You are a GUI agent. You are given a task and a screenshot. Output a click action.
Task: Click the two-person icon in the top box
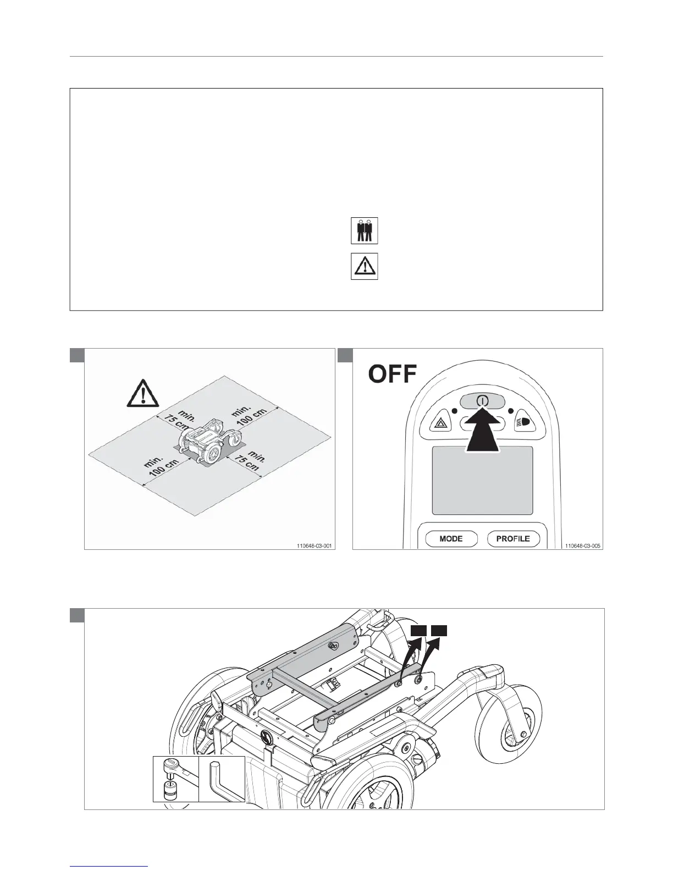click(x=364, y=231)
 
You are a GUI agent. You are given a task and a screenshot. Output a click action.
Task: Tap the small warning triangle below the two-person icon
click(x=364, y=267)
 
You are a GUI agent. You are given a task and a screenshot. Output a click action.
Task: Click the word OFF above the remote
click(x=393, y=376)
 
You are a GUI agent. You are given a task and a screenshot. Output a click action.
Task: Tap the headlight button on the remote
click(x=522, y=423)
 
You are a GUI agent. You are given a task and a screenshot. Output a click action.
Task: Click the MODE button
click(x=450, y=538)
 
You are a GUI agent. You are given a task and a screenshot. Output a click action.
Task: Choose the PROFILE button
click(x=513, y=538)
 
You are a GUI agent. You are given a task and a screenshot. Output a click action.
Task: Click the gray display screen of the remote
click(x=482, y=480)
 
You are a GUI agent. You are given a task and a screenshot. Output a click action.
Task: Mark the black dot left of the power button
click(x=454, y=411)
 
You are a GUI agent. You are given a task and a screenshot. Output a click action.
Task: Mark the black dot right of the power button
click(x=511, y=411)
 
